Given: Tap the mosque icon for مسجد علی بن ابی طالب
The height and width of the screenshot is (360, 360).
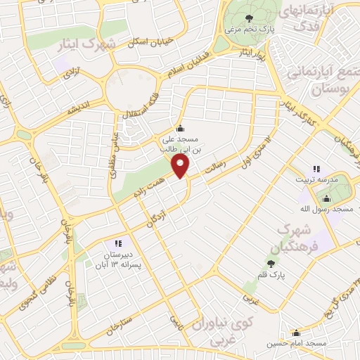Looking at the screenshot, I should tap(181, 128).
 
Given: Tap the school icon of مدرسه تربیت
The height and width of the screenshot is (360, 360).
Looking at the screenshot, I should tap(316, 169).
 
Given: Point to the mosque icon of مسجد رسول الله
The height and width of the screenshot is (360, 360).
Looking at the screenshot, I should tap(325, 199).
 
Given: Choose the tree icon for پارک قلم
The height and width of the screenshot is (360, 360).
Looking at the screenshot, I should tap(270, 264).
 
